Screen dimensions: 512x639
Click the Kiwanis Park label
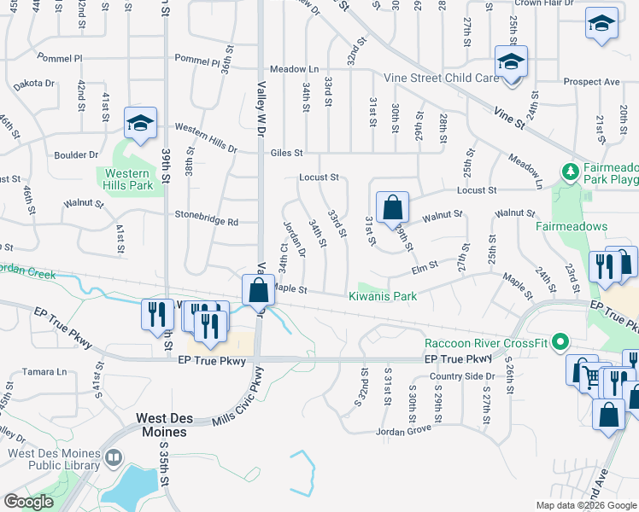(x=382, y=297)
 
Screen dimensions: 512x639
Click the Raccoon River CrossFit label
(x=485, y=343)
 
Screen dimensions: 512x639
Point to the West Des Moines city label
(x=161, y=425)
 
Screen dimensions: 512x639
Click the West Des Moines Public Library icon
(x=112, y=459)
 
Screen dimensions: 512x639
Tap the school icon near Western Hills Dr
(x=139, y=125)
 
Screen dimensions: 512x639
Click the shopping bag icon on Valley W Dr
(x=258, y=291)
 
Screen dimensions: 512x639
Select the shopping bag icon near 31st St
(x=391, y=207)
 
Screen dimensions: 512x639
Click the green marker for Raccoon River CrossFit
(x=560, y=343)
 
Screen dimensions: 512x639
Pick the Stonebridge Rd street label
(x=206, y=221)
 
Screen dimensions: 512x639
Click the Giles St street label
(x=286, y=154)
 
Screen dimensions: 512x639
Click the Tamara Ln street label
(x=46, y=371)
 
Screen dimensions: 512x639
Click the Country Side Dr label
(x=462, y=376)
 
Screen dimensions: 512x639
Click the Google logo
(x=29, y=501)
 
